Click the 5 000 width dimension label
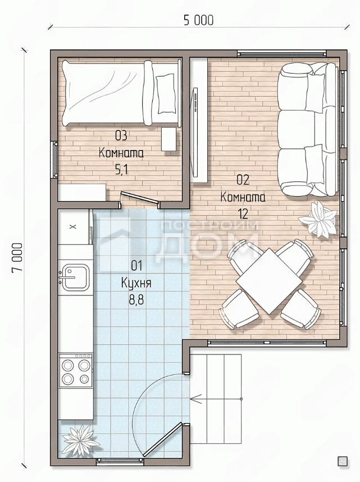[198, 20]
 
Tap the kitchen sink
[75, 278]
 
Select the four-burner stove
[76, 371]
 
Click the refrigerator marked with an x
[74, 227]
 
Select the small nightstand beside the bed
[169, 139]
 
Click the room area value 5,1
[121, 170]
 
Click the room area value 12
[243, 213]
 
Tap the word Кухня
[136, 283]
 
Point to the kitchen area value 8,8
[136, 299]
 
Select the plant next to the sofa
[317, 219]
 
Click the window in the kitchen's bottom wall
[120, 460]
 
